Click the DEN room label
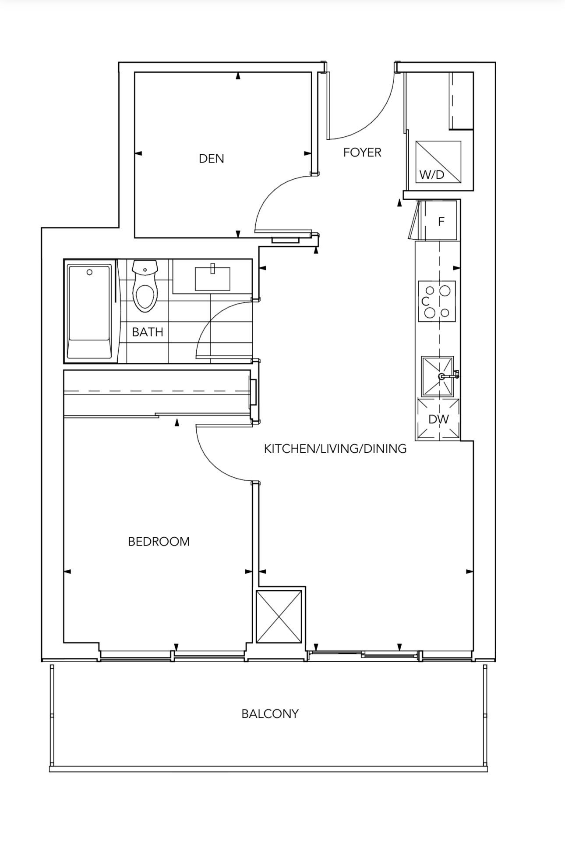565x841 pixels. (x=212, y=158)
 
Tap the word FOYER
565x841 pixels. (x=362, y=153)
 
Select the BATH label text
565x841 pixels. (x=148, y=332)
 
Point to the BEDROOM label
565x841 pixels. (x=159, y=542)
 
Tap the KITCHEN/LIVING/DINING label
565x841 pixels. (x=335, y=449)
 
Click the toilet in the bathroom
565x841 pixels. (x=145, y=286)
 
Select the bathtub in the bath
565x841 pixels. (x=89, y=311)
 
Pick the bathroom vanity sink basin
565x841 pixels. (x=212, y=279)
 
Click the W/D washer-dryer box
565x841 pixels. (x=438, y=162)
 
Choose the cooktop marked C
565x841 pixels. (x=437, y=301)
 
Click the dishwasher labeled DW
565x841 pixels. (x=438, y=419)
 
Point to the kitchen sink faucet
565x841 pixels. (x=449, y=376)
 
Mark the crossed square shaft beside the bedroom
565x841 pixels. (x=279, y=617)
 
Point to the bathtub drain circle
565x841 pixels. (x=89, y=272)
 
